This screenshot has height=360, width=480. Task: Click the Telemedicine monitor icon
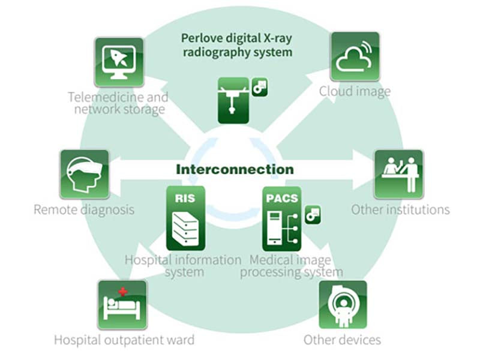coord(118,62)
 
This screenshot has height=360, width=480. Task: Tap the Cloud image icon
coord(355,56)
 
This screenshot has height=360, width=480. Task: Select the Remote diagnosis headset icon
coord(84,174)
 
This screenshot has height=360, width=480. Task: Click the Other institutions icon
coord(398,174)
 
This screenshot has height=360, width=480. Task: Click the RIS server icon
coord(185,218)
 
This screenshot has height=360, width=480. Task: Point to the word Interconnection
coord(235,169)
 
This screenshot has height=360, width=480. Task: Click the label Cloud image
coord(355,92)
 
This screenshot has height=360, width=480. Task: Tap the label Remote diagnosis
coord(84,210)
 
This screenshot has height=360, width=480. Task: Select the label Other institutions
coord(400,210)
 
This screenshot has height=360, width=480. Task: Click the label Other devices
coord(342,340)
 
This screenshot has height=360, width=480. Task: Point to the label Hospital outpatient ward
coord(124,340)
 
